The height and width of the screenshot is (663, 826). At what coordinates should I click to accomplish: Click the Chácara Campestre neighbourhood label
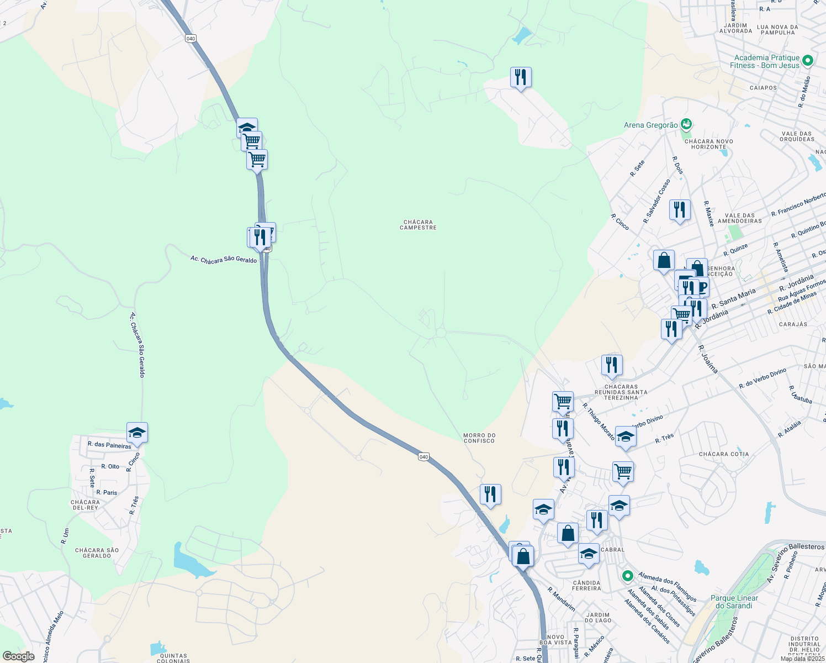(x=418, y=225)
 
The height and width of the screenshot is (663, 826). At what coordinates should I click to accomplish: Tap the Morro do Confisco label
(x=479, y=438)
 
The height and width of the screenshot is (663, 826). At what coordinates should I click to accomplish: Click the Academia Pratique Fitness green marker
(x=808, y=60)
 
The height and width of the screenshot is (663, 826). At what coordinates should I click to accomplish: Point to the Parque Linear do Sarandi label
(x=734, y=602)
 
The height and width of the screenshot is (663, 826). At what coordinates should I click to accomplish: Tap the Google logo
(x=18, y=656)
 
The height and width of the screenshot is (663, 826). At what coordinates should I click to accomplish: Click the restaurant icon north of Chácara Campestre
(x=521, y=77)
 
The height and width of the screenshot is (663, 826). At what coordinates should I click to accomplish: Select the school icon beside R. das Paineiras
(x=137, y=433)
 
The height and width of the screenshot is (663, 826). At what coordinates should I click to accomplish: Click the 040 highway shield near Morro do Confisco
(x=423, y=456)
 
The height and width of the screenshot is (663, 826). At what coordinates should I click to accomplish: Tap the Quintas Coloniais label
(x=173, y=658)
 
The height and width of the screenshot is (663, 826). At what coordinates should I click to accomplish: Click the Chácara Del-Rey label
(x=85, y=505)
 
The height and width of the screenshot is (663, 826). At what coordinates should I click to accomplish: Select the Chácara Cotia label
(x=724, y=454)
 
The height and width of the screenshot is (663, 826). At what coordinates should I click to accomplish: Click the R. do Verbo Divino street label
(x=763, y=378)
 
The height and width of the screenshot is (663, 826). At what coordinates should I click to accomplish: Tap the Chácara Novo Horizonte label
(x=708, y=144)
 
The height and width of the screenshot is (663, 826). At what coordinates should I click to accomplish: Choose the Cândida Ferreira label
(x=586, y=585)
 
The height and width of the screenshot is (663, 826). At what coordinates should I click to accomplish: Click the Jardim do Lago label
(x=598, y=617)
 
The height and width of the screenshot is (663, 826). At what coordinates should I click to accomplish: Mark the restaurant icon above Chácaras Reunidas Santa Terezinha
(x=611, y=365)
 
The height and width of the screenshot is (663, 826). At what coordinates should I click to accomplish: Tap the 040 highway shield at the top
(x=190, y=38)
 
